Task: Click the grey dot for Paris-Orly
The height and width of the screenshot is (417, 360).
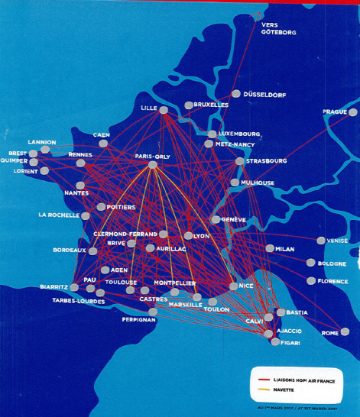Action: click(153, 164)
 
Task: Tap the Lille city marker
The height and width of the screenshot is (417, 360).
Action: click(164, 110)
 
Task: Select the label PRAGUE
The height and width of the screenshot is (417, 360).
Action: click(334, 112)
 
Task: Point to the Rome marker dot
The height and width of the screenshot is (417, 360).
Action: click(345, 331)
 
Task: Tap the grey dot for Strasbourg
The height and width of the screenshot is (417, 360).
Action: click(240, 161)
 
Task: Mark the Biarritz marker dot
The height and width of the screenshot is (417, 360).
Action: click(74, 287)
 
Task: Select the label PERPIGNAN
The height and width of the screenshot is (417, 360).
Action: click(138, 319)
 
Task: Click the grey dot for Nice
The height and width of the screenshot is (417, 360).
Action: click(233, 286)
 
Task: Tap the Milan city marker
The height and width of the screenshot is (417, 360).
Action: click(270, 248)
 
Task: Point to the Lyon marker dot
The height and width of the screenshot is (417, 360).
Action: click(188, 236)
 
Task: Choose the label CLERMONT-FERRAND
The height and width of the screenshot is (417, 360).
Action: click(125, 234)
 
